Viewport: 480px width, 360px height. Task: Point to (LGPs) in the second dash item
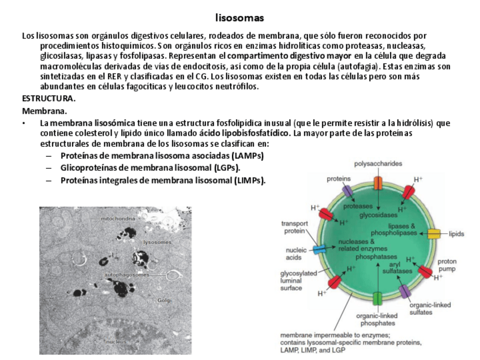[226, 168]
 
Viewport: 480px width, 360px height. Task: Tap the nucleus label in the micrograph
[115, 341]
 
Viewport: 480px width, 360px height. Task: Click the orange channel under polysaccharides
[378, 183]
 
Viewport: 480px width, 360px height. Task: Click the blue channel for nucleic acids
[320, 249]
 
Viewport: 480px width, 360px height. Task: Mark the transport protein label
[295, 227]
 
